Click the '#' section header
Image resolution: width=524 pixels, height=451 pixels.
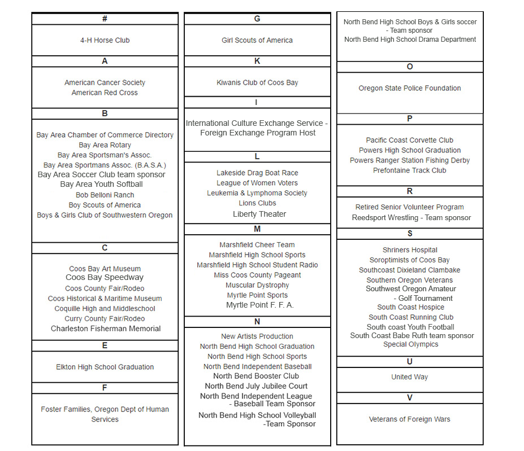[x=105, y=19]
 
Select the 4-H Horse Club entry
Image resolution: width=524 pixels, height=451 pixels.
[x=105, y=40]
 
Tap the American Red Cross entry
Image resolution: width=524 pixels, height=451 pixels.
[x=105, y=93]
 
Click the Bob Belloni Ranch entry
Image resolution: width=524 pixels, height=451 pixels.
[x=105, y=195]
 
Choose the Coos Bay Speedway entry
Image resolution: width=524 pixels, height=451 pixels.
[x=105, y=277]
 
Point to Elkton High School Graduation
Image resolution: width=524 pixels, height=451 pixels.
[x=105, y=367]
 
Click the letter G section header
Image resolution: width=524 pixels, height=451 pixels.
[x=257, y=19]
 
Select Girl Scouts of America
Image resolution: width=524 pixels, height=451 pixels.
[x=257, y=40]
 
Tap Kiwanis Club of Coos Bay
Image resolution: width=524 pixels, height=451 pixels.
[x=257, y=82]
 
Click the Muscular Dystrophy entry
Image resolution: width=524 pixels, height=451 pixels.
[x=257, y=285]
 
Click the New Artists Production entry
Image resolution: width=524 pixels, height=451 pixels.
[x=257, y=336]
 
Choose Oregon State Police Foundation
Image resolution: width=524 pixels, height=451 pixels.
[x=410, y=88]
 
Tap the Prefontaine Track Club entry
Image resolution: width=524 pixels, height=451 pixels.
[x=410, y=170]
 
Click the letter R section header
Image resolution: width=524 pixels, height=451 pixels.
[x=410, y=191]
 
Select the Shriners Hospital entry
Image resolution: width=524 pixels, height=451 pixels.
[x=410, y=250]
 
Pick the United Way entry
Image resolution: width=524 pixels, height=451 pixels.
[x=410, y=377]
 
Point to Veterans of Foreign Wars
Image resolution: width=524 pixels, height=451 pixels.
[x=410, y=419]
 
